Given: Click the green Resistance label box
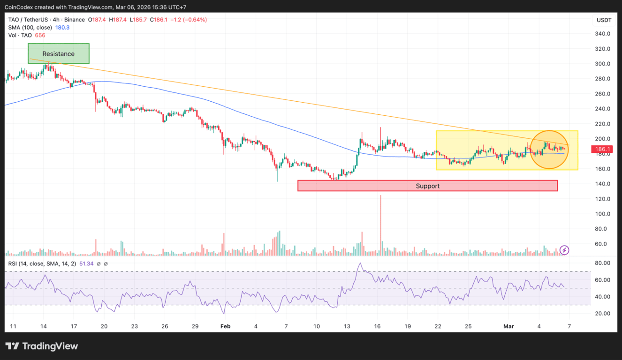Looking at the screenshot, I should tap(59, 53).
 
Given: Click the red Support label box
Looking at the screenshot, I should tap(427, 186).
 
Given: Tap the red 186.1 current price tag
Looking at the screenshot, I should tap(603, 150).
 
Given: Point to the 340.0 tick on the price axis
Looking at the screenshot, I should tap(603, 34).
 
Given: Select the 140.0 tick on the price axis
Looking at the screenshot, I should tap(603, 184).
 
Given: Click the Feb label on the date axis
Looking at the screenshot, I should tap(226, 326).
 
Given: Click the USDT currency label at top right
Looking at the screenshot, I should tap(604, 20).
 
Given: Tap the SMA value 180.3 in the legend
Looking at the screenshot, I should tap(62, 28).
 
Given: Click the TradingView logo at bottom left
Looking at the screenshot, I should tap(42, 346).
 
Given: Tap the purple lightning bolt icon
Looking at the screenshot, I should tap(564, 250).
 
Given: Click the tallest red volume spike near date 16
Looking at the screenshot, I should tap(380, 225).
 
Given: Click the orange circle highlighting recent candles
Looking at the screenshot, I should tap(549, 150).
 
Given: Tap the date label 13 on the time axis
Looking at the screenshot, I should tap(347, 326).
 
